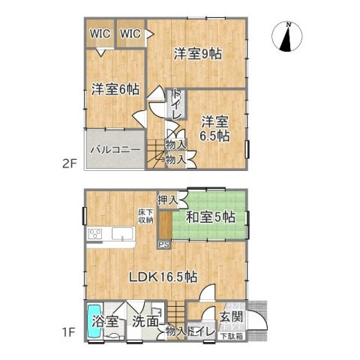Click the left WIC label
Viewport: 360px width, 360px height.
(100, 33)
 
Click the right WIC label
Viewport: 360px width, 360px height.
(130, 33)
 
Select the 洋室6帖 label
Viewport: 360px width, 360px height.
(115, 89)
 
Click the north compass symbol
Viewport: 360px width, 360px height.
(287, 37)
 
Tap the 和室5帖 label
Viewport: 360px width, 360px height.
(211, 218)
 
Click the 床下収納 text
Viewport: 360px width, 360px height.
(146, 216)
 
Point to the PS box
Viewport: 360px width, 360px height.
(164, 244)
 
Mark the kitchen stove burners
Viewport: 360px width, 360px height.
(95, 235)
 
